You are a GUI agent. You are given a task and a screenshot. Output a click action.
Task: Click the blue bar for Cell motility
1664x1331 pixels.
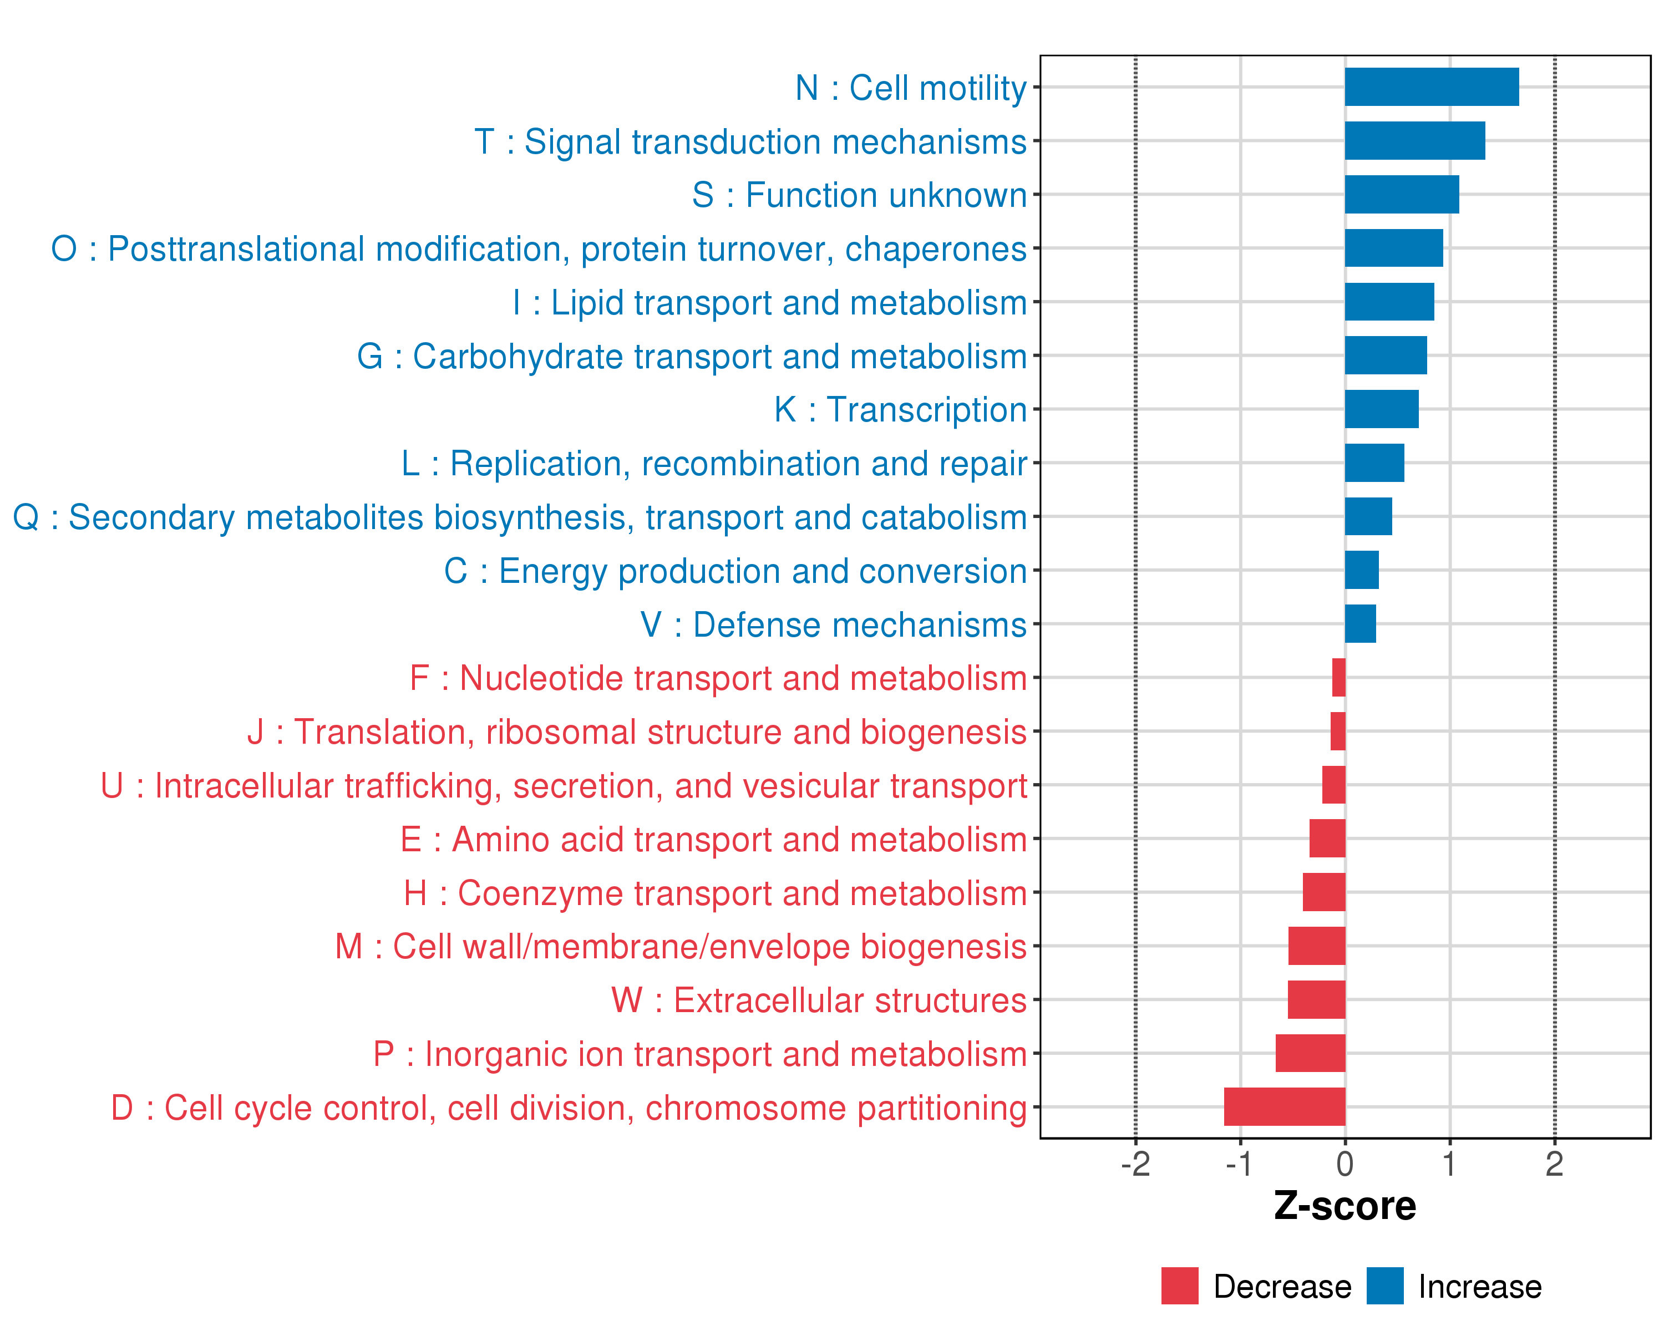[x=1432, y=87]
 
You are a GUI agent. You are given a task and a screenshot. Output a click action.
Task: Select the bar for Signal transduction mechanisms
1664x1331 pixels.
[x=1415, y=140]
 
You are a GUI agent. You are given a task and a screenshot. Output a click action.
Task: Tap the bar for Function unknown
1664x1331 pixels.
[x=1402, y=195]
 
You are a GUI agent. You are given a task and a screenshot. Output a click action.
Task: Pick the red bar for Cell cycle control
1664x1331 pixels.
[x=1284, y=1106]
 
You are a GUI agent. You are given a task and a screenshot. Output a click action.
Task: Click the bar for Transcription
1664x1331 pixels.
[x=1382, y=409]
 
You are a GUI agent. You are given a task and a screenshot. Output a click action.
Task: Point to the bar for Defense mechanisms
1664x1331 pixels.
[x=1360, y=623]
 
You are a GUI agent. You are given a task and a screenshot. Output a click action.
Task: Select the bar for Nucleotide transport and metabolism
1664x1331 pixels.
[x=1338, y=678]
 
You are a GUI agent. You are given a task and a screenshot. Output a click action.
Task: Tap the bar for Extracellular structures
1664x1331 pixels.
[x=1316, y=999]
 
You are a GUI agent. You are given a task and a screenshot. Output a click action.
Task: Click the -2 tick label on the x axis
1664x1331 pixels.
[x=1135, y=1164]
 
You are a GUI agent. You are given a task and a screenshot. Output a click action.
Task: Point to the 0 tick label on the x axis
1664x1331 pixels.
[x=1345, y=1164]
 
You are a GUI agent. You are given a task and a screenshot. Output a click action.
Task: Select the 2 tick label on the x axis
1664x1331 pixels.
[x=1554, y=1164]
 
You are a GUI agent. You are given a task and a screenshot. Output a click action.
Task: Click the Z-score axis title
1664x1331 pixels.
[x=1345, y=1206]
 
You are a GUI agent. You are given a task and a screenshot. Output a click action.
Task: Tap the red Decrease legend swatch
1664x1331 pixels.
[x=1179, y=1286]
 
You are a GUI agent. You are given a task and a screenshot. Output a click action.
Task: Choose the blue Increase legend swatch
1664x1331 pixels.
[x=1384, y=1286]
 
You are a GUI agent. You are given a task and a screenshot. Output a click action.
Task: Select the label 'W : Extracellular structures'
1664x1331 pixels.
[x=819, y=1000]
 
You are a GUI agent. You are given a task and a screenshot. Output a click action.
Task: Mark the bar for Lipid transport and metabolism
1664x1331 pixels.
[x=1389, y=302]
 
